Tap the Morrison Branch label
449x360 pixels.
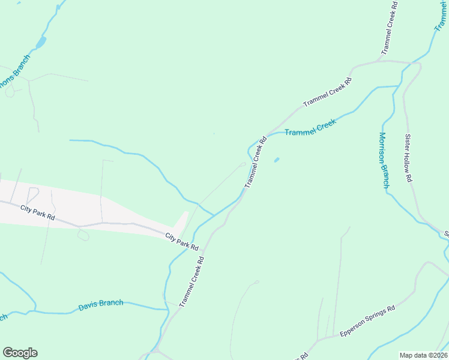384,160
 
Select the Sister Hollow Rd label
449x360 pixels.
409,158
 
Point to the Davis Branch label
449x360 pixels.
101,305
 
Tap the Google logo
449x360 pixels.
20,353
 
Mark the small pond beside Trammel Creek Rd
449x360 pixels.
276,160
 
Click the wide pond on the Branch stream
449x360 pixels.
41,43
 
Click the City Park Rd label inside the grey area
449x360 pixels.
37,211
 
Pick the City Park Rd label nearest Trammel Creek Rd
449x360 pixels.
182,241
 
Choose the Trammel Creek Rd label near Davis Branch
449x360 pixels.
192,282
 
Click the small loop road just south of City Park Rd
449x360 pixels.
83,235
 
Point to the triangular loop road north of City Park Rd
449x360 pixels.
32,194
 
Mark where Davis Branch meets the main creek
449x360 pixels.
166,309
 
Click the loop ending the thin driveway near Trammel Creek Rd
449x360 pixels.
243,164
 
